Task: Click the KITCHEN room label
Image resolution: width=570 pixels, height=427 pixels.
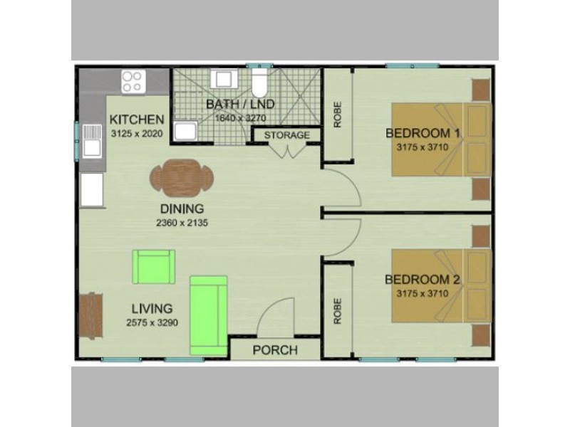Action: [138, 119]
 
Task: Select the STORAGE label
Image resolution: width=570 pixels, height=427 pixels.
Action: [287, 135]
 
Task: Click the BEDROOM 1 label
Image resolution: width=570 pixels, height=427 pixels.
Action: [423, 133]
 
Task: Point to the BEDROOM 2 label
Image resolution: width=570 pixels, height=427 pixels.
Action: [423, 279]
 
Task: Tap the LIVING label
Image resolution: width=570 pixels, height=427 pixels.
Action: [152, 309]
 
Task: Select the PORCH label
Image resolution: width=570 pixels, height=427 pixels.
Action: [275, 350]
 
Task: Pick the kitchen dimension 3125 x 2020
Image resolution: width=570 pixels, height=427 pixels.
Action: [138, 133]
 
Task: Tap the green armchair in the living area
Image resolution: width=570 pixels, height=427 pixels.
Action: [152, 267]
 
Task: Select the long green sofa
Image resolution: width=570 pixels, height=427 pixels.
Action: [208, 315]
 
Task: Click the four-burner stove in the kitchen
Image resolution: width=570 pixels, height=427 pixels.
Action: [132, 80]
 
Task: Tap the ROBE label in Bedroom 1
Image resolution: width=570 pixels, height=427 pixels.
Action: [338, 115]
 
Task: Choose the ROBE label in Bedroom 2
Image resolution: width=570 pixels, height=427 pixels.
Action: [338, 310]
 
